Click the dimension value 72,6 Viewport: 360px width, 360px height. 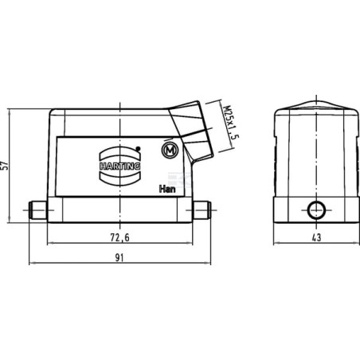point(119,237)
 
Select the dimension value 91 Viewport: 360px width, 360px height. point(119,257)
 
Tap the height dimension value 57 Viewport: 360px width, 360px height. point(6,166)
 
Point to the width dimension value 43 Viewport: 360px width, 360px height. point(317,237)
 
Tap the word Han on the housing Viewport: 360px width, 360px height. point(167,189)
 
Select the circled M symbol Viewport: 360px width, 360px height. point(170,151)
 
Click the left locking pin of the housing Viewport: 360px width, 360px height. point(37,210)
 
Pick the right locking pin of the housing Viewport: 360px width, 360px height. point(202,210)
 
